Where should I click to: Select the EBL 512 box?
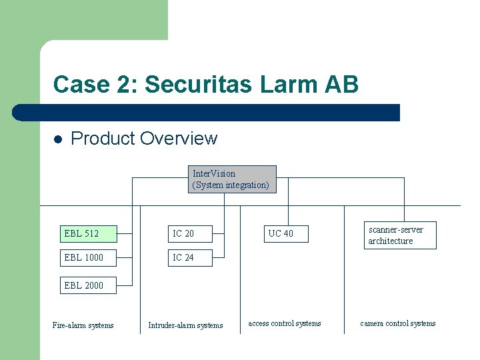coord(88,233)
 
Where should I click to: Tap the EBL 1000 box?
coord(88,257)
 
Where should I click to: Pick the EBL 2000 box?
coord(88,285)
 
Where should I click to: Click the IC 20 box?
coord(189,233)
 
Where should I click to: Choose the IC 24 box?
coord(189,257)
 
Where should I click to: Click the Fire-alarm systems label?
coord(83,325)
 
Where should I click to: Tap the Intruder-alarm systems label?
coord(185,325)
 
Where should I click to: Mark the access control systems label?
coord(285,323)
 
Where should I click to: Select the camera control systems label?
coord(398,323)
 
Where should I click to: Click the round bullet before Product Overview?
coord(58,139)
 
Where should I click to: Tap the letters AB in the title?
coord(341,85)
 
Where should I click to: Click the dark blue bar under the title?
coord(207,113)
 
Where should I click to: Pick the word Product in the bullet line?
coord(101,139)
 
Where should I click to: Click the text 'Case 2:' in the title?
coord(95,85)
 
